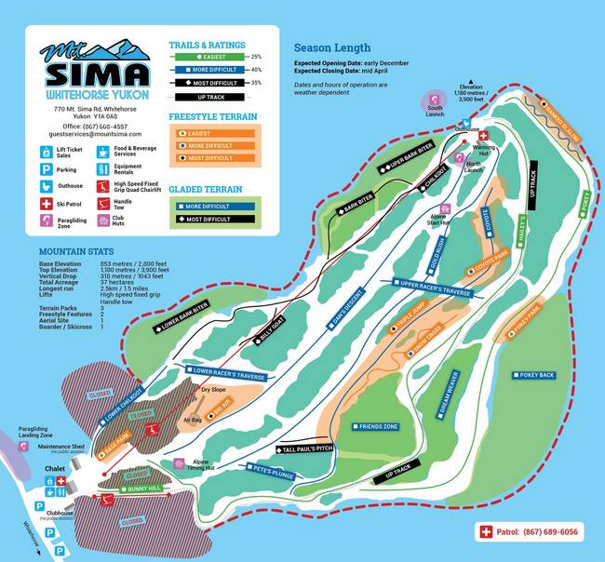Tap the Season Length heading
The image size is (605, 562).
click(x=332, y=48)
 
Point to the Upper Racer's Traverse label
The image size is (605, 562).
click(x=433, y=289)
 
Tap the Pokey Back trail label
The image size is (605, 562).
click(x=534, y=375)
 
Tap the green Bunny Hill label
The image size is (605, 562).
click(x=142, y=487)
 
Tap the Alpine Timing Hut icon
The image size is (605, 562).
click(x=176, y=463)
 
